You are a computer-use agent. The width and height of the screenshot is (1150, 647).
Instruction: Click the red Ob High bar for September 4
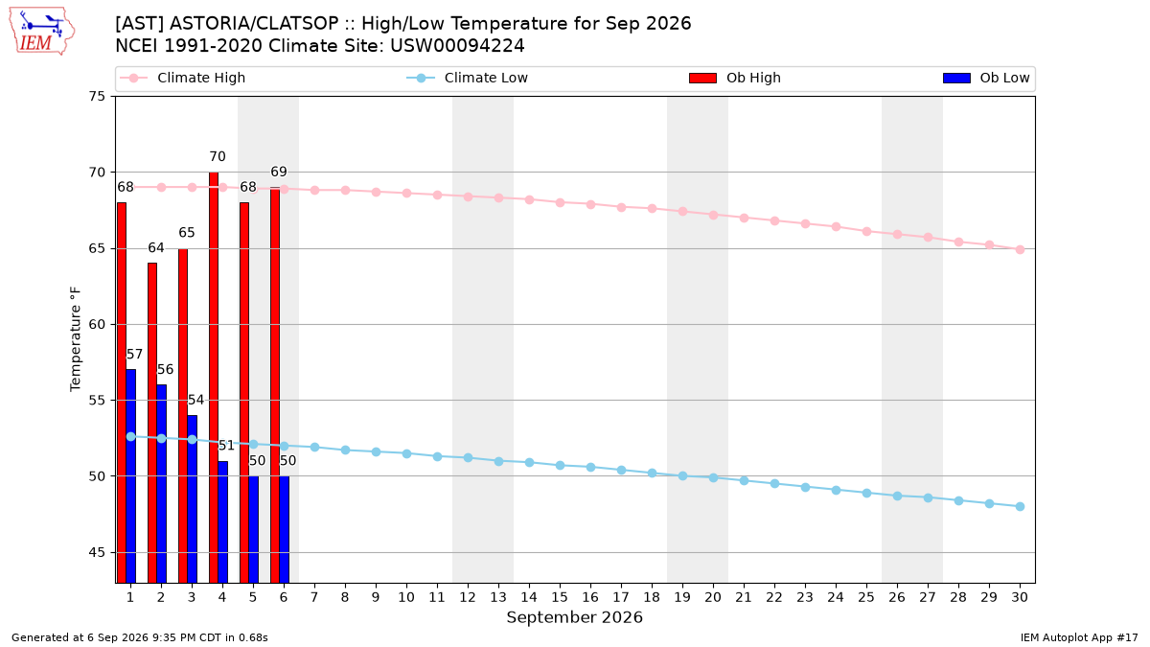click(214, 378)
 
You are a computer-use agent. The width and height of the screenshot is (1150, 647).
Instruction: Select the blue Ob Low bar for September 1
click(131, 476)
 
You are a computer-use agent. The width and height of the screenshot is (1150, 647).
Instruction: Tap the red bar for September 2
click(152, 423)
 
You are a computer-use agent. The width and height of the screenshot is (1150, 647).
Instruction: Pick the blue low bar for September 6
click(285, 529)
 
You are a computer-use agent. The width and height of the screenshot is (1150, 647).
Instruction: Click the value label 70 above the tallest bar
click(218, 156)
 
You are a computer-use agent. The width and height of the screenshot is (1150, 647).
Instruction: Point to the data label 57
click(134, 355)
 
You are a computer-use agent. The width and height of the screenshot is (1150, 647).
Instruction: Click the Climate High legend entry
click(183, 78)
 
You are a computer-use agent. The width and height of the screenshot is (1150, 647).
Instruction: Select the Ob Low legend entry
click(986, 78)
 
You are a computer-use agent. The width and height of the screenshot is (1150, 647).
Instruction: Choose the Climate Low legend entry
click(468, 78)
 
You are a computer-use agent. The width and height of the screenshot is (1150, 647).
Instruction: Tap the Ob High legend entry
click(735, 78)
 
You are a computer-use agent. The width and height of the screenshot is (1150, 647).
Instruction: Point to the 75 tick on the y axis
click(96, 97)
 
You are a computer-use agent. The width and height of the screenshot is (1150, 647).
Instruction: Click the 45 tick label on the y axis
click(96, 552)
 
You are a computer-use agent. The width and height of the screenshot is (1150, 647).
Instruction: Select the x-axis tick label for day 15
click(560, 597)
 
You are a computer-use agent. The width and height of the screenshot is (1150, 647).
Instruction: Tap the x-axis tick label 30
click(1020, 597)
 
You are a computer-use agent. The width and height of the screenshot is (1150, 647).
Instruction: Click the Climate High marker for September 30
click(1020, 249)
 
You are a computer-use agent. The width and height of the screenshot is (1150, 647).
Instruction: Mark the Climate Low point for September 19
click(682, 476)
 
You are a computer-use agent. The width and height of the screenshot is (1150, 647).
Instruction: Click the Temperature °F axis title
click(76, 339)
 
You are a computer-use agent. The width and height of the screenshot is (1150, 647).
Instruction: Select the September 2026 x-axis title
click(574, 617)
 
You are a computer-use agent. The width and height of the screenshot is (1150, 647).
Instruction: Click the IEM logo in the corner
click(42, 32)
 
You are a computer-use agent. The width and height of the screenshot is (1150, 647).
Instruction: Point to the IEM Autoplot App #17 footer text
click(1079, 637)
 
